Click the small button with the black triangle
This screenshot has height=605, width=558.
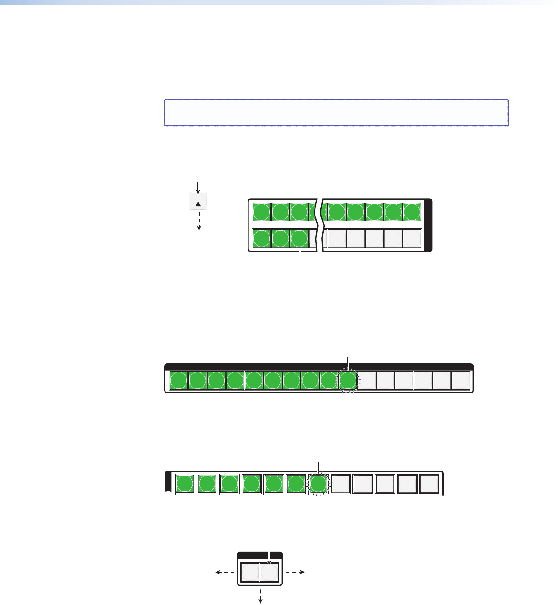pyautogui.click(x=198, y=201)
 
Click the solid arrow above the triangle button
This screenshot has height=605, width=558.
pyautogui.click(x=198, y=186)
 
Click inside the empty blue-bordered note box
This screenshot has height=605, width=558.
pyautogui.click(x=336, y=113)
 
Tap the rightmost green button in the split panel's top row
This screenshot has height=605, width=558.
pyautogui.click(x=412, y=212)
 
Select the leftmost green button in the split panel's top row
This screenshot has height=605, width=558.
pyautogui.click(x=261, y=212)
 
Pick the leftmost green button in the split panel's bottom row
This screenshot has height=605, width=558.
pyautogui.click(x=261, y=238)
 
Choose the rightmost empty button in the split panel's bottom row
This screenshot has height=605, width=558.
pyautogui.click(x=412, y=238)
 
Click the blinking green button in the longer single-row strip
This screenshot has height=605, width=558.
pyautogui.click(x=348, y=381)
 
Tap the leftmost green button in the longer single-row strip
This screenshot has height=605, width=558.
pyautogui.click(x=178, y=381)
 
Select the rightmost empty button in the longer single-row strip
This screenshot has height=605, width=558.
pyautogui.click(x=460, y=381)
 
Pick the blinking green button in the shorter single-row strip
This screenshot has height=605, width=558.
pyautogui.click(x=319, y=484)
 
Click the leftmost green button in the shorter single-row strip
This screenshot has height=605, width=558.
pyautogui.click(x=185, y=484)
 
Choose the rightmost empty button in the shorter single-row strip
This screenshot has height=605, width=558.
pyautogui.click(x=429, y=484)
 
